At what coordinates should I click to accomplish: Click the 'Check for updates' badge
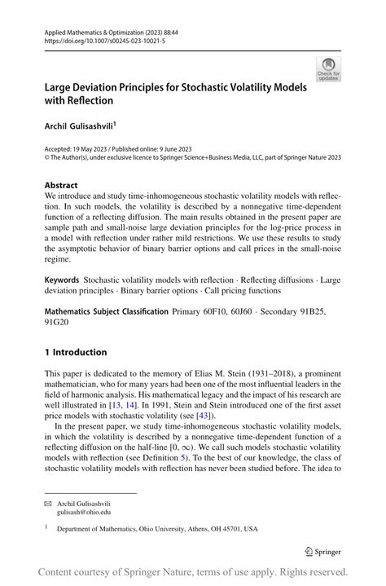coord(328,69)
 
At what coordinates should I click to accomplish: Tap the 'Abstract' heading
coord(61,186)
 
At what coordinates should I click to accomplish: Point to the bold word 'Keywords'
coord(62,279)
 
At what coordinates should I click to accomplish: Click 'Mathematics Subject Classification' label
coord(107,311)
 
